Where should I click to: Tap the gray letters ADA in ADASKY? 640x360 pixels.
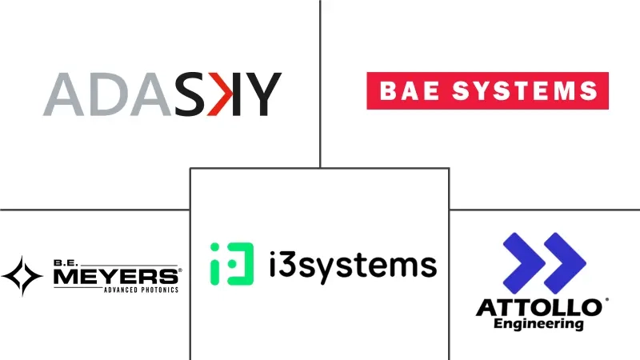click(x=107, y=94)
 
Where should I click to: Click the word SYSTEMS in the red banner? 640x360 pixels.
click(x=525, y=90)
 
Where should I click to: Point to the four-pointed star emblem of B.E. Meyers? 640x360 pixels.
click(x=22, y=276)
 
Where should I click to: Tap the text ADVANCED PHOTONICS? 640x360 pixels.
click(x=142, y=290)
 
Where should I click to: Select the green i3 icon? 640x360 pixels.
click(x=232, y=264)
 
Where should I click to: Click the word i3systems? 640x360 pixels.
click(x=353, y=266)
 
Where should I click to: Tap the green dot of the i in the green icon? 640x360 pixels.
click(x=214, y=247)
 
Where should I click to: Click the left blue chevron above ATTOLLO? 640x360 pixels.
click(x=524, y=263)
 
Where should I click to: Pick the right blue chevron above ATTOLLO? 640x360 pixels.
click(x=566, y=263)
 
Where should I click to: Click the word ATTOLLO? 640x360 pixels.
click(x=539, y=308)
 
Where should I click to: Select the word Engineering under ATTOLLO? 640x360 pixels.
click(x=538, y=324)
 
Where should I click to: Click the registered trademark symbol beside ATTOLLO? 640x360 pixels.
click(x=606, y=300)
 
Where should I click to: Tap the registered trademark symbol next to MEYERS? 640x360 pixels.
click(x=180, y=270)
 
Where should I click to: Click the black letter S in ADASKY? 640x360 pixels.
click(x=190, y=94)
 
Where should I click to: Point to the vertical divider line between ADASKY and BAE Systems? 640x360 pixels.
click(x=321, y=84)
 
